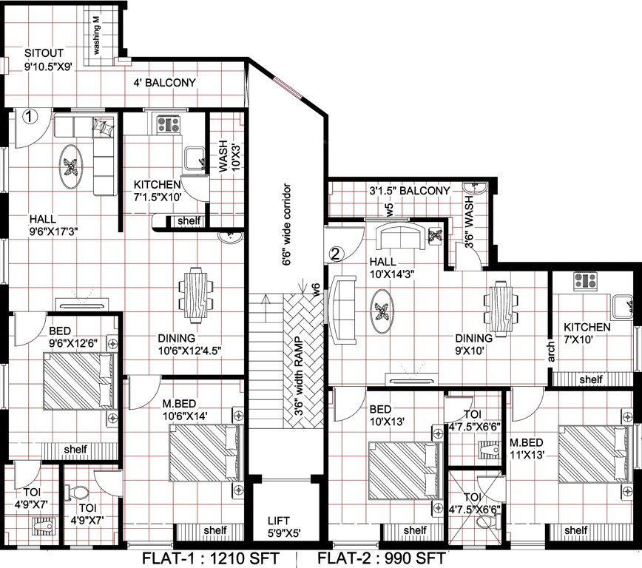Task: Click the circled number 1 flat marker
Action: coord(30,116)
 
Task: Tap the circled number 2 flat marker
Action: coord(336,254)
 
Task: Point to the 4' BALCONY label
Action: coord(164,83)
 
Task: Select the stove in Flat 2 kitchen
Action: coord(586,281)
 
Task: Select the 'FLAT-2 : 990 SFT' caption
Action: coord(382,557)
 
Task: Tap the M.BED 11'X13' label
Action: coord(528,449)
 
